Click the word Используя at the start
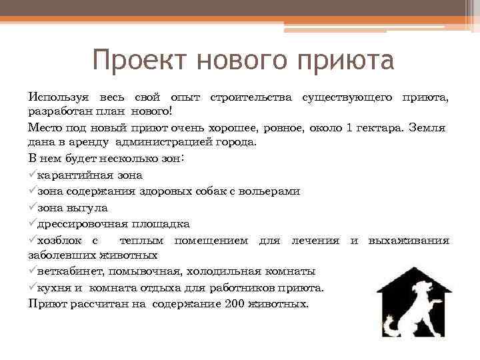point(58,98)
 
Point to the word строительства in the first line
point(251,98)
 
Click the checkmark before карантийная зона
point(33,175)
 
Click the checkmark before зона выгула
point(33,207)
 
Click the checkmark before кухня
point(33,288)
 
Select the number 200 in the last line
point(234,304)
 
